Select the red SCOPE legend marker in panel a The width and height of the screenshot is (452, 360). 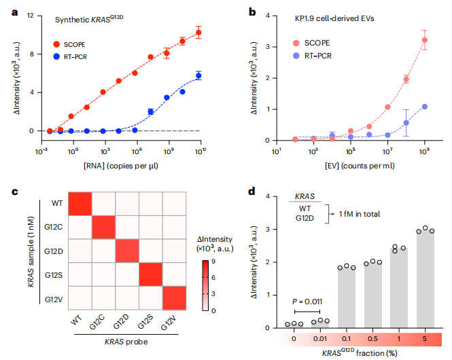(x=58, y=44)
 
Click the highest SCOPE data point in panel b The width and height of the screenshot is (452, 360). (x=424, y=40)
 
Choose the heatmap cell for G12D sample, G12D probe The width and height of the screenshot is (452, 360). (x=127, y=252)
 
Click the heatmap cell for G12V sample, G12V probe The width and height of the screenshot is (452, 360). (x=174, y=299)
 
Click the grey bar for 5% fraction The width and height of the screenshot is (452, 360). (x=424, y=281)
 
